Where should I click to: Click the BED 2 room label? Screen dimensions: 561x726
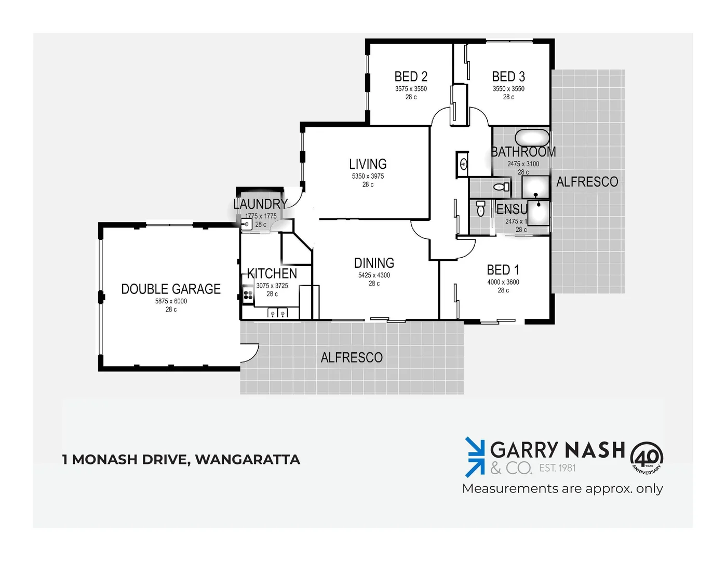[411, 77]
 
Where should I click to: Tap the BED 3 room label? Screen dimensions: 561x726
[508, 77]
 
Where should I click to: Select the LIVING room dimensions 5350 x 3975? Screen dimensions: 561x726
[368, 176]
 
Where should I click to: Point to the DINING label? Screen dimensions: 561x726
[374, 263]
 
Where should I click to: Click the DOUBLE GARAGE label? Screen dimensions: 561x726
[171, 289]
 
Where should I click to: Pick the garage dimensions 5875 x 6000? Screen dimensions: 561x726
[171, 301]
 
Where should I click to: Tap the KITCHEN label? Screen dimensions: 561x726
[272, 274]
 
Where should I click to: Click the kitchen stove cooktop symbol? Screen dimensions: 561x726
[248, 295]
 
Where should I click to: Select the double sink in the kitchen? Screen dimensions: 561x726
[277, 313]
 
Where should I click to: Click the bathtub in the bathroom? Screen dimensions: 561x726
[532, 138]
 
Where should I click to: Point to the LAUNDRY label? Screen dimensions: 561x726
[260, 204]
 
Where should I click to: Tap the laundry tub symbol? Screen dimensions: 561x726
[247, 224]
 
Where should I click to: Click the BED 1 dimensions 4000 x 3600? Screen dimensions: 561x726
[503, 282]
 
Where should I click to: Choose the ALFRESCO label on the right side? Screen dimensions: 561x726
[587, 182]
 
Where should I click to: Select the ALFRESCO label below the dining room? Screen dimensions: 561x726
[352, 357]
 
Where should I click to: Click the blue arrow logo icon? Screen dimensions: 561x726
[474, 457]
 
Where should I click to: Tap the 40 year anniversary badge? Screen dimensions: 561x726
[647, 458]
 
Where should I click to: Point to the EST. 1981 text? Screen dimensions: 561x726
[557, 468]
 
